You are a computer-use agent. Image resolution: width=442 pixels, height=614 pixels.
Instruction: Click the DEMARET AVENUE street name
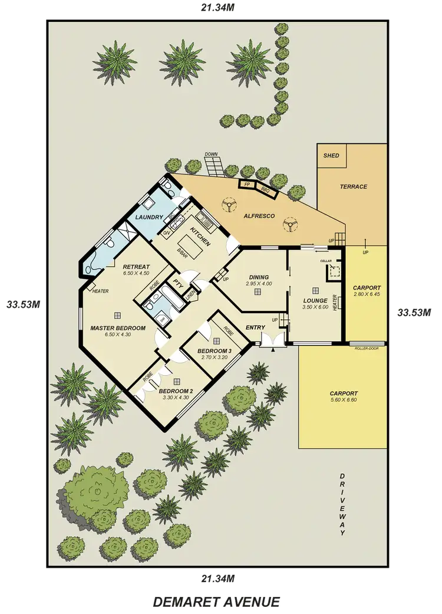coord(216,601)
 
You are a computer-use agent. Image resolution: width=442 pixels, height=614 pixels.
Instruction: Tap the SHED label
coord(331,156)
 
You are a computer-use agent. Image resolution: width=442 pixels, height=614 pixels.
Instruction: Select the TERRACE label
coord(353,187)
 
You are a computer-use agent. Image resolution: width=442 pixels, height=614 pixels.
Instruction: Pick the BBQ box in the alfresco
coord(265,190)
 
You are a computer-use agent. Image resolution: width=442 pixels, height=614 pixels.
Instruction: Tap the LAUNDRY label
coord(149,217)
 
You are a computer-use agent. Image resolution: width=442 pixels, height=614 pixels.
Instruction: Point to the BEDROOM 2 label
coord(176,391)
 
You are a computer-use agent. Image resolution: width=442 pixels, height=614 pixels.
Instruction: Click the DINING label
coord(259,277)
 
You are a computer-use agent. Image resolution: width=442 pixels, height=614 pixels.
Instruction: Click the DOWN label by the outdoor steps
coord(211,155)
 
